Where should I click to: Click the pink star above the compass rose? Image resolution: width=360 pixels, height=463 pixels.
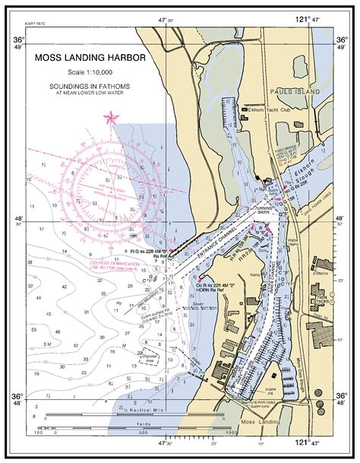coord(112,117)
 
